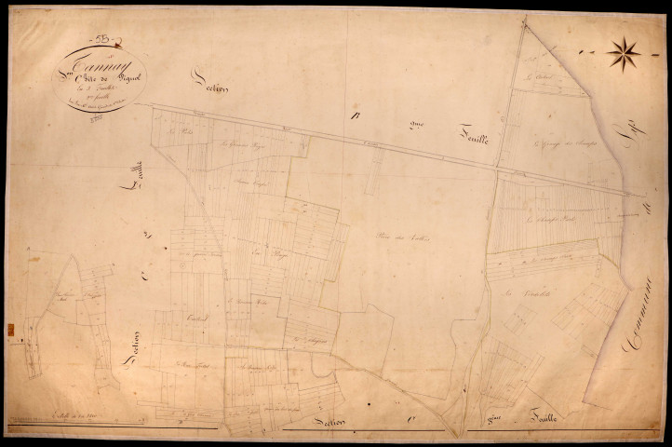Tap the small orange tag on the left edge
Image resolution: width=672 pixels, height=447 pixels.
pos(10,329)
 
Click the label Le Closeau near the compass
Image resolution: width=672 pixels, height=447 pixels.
pos(539,77)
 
